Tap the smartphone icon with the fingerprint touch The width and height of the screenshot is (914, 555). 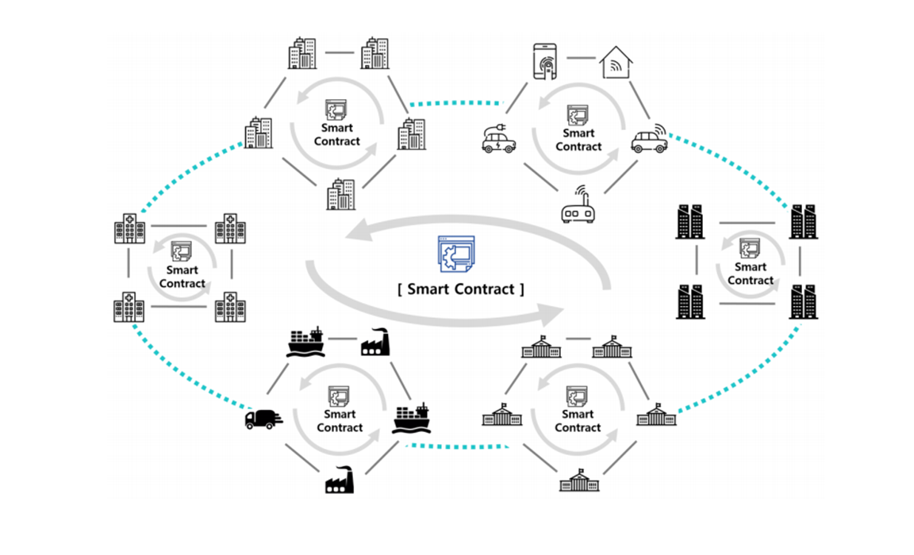click(x=545, y=61)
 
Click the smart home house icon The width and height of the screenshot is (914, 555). click(x=616, y=63)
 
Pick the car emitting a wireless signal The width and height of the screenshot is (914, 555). click(x=650, y=139)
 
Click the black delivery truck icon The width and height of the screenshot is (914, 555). click(x=263, y=418)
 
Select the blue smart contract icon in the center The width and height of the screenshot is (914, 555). click(x=456, y=254)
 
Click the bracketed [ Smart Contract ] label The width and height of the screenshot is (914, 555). click(x=460, y=289)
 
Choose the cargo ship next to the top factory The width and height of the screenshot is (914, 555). click(x=306, y=342)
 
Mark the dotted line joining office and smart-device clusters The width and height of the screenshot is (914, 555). click(x=456, y=103)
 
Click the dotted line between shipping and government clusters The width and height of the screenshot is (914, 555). click(x=458, y=446)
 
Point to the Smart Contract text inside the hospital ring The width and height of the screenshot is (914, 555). click(x=182, y=277)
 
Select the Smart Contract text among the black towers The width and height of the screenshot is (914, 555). click(x=751, y=274)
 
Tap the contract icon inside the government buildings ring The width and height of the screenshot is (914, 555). click(x=577, y=396)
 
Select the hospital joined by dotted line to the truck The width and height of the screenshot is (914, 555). click(x=129, y=307)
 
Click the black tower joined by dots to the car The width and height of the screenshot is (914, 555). click(x=803, y=221)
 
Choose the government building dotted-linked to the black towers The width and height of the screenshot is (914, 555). click(x=656, y=414)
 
